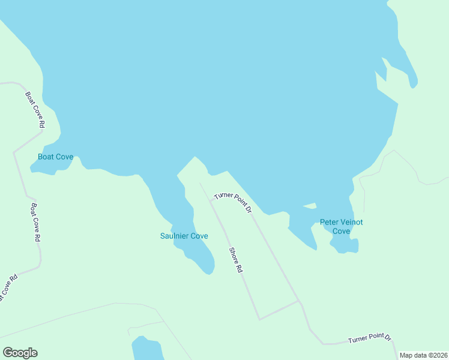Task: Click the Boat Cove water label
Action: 55,157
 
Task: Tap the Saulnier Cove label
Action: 184,236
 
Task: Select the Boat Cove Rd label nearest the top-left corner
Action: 35,110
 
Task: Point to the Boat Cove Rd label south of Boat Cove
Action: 35,222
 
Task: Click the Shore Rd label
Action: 235,260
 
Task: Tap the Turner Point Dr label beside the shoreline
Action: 233,202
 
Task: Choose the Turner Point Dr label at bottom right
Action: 369,340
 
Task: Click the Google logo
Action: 20,353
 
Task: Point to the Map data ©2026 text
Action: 423,355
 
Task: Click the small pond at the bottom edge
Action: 146,349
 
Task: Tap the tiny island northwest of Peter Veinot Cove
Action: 310,206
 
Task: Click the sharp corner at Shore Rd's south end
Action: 259,319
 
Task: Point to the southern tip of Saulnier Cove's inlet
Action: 209,272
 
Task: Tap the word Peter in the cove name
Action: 329,222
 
